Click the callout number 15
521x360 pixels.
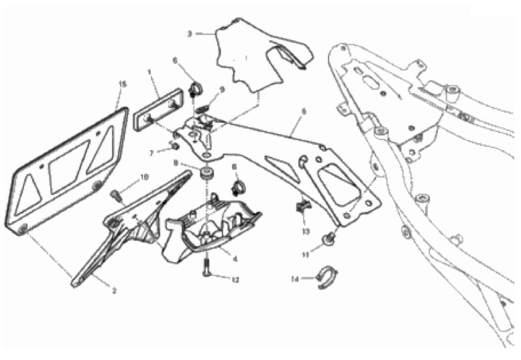122,84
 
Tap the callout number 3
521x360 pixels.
190,33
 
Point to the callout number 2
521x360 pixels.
114,290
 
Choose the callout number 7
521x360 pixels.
152,153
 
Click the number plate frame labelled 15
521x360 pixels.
67,168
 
